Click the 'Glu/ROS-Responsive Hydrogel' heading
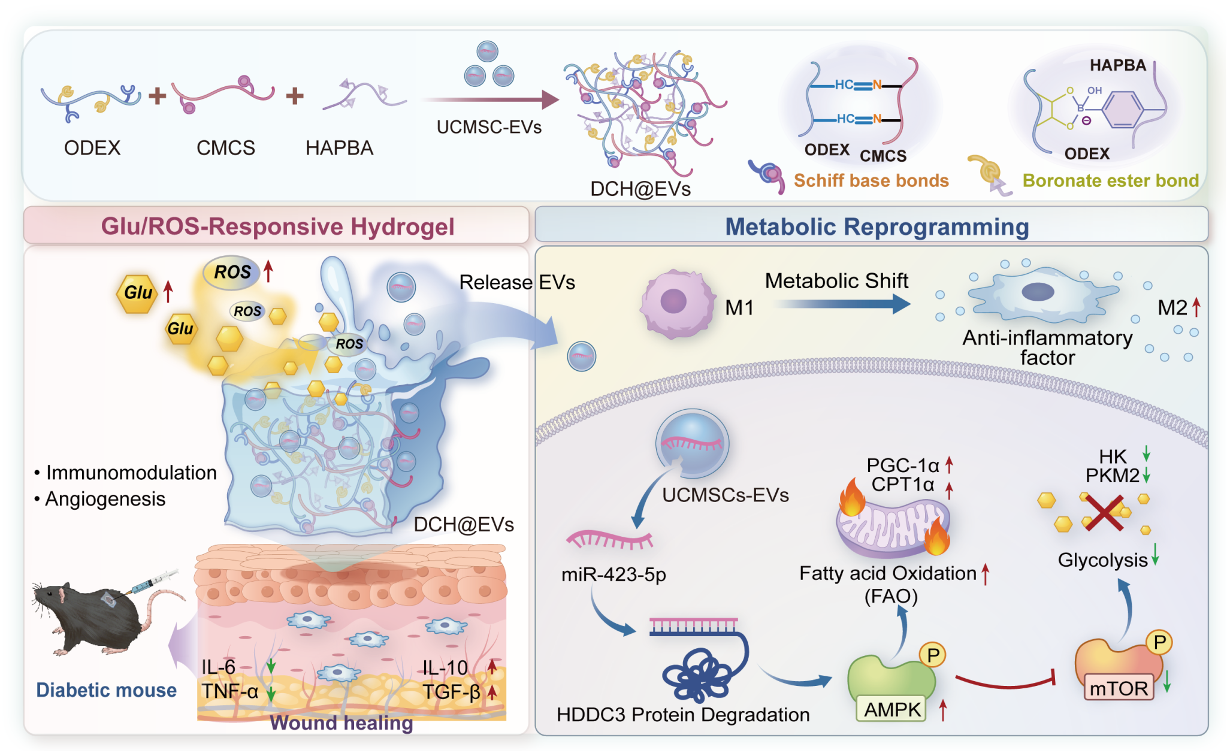[x=277, y=226]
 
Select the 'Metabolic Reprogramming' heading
[x=877, y=226]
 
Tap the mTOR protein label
[x=1119, y=688]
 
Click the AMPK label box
[x=892, y=709]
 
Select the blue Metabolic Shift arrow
[x=842, y=304]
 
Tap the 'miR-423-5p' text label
[x=613, y=574]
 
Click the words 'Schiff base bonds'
[x=871, y=180]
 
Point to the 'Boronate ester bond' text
[x=1111, y=180]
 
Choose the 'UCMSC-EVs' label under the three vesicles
[x=489, y=127]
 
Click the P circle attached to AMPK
[x=933, y=655]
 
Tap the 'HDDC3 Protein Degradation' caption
[x=683, y=715]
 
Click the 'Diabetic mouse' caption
[x=106, y=690]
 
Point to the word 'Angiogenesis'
[x=105, y=499]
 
